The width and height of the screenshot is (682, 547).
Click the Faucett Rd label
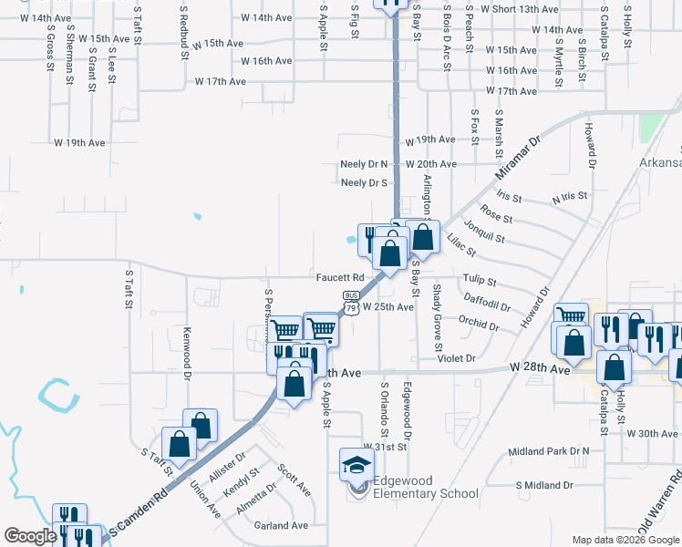pyautogui.click(x=340, y=277)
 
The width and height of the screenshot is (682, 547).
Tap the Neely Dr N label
pyautogui.click(x=364, y=164)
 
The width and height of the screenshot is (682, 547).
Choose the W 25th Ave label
pyautogui.click(x=388, y=307)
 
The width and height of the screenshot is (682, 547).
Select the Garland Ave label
pyautogui.click(x=282, y=525)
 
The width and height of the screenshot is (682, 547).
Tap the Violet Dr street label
pyautogui.click(x=457, y=358)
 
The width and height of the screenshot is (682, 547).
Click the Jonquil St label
pyautogui.click(x=484, y=232)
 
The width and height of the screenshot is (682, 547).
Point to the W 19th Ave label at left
pyautogui.click(x=80, y=143)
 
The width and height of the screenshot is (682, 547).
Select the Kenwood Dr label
pyautogui.click(x=188, y=354)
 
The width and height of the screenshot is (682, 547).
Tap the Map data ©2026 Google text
pyautogui.click(x=625, y=540)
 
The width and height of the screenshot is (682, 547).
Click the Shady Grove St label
pyautogui.click(x=437, y=317)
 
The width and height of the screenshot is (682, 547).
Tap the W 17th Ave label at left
pyautogui.click(x=221, y=81)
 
